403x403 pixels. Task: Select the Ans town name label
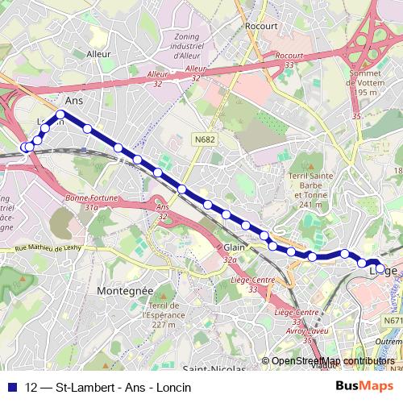click(x=73, y=100)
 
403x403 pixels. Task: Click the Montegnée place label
click(x=124, y=290)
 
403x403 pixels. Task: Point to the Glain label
click(x=234, y=247)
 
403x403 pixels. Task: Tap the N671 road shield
click(x=392, y=321)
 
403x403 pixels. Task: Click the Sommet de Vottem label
click(x=366, y=84)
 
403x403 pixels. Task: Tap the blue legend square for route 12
click(x=12, y=387)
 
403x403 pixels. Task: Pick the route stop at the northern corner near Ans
click(x=60, y=114)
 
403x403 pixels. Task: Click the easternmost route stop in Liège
click(x=380, y=268)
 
